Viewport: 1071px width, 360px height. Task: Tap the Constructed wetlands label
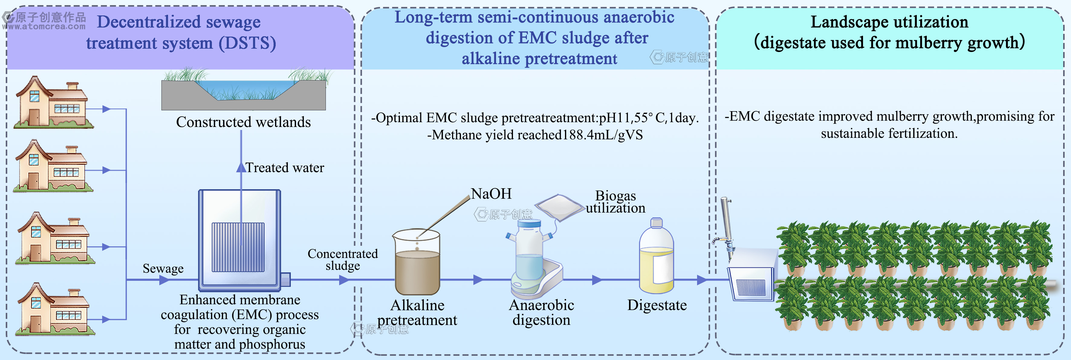tap(243, 122)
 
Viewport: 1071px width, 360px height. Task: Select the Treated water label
tap(285, 167)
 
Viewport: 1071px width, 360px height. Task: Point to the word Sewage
tap(163, 268)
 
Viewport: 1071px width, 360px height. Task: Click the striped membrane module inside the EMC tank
tap(238, 247)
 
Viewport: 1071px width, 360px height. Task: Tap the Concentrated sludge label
tap(342, 259)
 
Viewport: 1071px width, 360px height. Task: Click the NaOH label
tap(491, 194)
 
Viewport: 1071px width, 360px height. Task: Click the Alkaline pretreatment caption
tap(417, 313)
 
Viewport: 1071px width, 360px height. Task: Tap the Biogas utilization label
tap(615, 202)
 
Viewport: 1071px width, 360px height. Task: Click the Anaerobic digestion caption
tap(541, 312)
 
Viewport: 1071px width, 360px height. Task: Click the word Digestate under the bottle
tap(657, 305)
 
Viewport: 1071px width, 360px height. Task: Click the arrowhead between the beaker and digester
tap(479, 280)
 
